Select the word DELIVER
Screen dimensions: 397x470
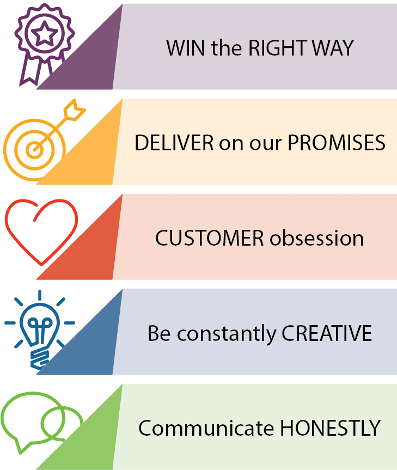[x=174, y=143]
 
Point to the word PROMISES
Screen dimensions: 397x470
[x=336, y=143]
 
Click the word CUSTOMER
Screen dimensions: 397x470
[x=209, y=238]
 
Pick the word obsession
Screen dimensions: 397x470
[x=317, y=238]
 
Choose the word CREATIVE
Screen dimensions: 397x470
[x=327, y=333]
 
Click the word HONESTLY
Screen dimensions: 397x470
[x=330, y=428]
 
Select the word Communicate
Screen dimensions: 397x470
[x=206, y=428]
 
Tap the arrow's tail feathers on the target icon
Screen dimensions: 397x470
[x=75, y=109]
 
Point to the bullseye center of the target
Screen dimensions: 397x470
[x=35, y=150]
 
